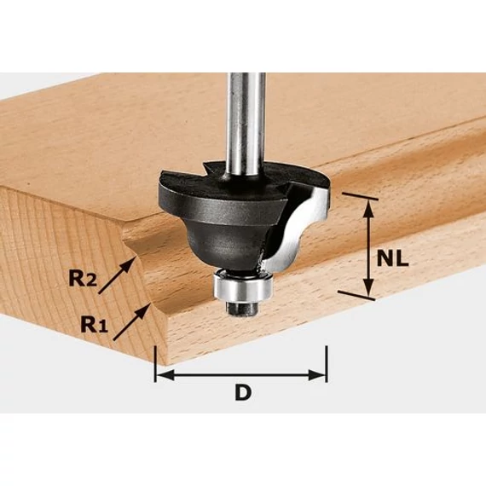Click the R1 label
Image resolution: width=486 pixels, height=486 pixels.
coord(95,324)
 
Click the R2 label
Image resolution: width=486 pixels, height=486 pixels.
coord(83,278)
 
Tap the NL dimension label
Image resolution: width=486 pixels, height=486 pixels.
coord(392,259)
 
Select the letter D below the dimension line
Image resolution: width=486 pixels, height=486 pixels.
coord(243,391)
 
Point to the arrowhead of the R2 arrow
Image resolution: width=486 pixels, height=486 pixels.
coord(129,265)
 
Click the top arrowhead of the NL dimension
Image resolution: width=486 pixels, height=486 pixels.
coord(367,209)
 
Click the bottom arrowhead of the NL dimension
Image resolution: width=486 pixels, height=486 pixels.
coord(367,288)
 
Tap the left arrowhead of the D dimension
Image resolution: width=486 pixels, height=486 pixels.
coord(165,375)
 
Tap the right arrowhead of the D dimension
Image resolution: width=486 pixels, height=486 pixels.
coord(316,375)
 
